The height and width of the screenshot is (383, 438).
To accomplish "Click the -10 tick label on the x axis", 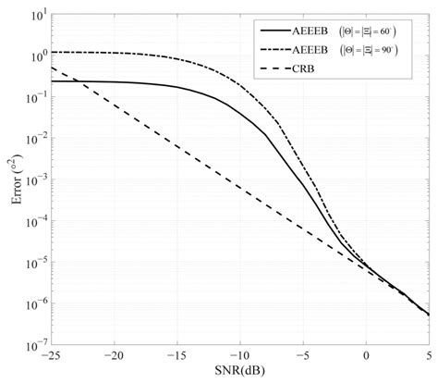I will click(x=239, y=355).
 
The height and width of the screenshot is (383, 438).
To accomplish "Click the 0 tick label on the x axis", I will click(x=367, y=355).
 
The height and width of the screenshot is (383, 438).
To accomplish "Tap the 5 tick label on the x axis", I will click(x=429, y=355).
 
